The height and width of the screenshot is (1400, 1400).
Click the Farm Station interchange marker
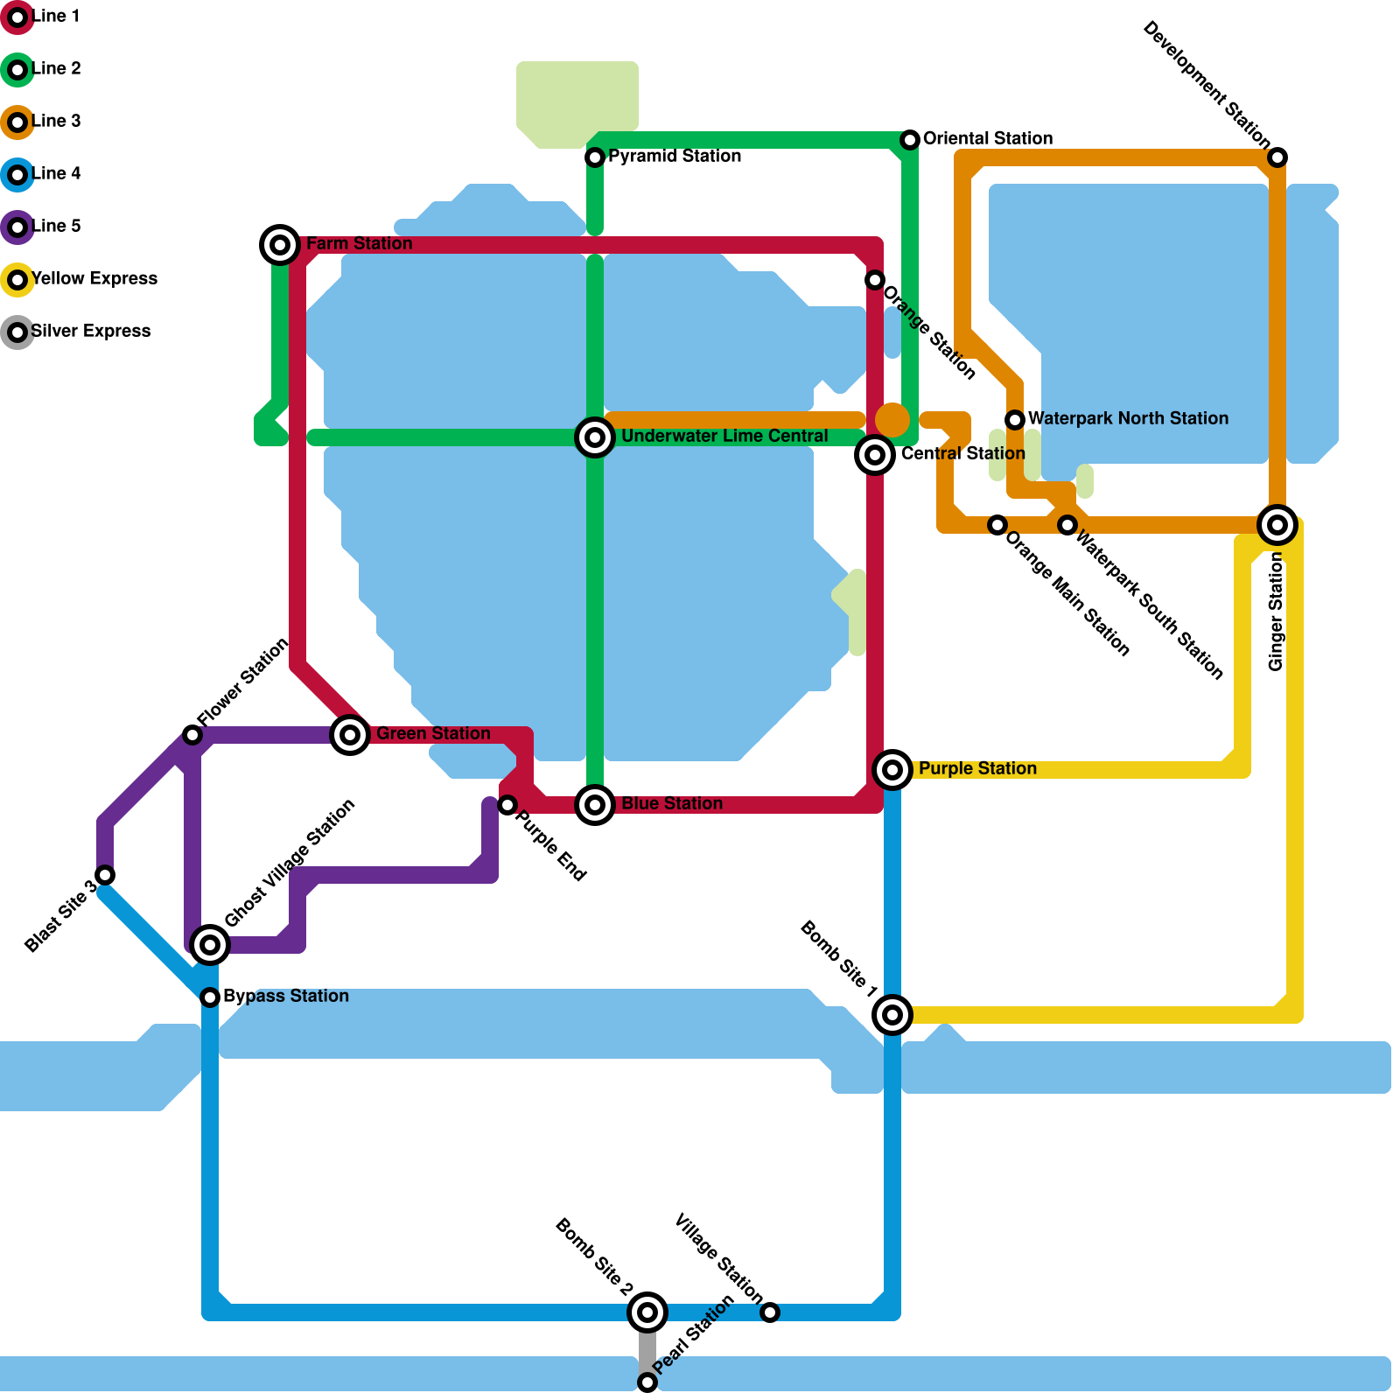click(280, 245)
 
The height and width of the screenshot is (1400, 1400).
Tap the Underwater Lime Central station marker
click(595, 437)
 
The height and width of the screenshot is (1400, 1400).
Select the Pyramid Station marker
click(595, 157)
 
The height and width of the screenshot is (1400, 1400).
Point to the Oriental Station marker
click(910, 140)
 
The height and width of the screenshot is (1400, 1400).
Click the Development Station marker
click(1277, 157)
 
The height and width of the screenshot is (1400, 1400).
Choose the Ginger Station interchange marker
click(1277, 525)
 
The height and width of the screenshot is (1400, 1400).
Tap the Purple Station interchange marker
click(892, 770)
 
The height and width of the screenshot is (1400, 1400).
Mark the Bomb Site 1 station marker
click(892, 1015)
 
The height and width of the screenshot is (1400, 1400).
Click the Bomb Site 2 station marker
click(647, 1312)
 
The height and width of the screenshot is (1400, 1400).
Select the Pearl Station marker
click(647, 1382)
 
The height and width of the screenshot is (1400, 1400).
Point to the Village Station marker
click(770, 1312)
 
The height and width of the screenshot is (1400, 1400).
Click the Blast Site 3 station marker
click(105, 875)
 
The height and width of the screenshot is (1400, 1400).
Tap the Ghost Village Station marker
click(210, 945)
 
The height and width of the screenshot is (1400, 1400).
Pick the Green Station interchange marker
click(350, 735)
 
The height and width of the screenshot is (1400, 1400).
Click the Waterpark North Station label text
click(1128, 419)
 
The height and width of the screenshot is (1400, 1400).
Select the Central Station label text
click(962, 454)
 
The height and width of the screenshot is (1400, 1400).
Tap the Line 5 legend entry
click(55, 227)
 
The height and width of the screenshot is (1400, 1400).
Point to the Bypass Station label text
click(285, 997)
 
